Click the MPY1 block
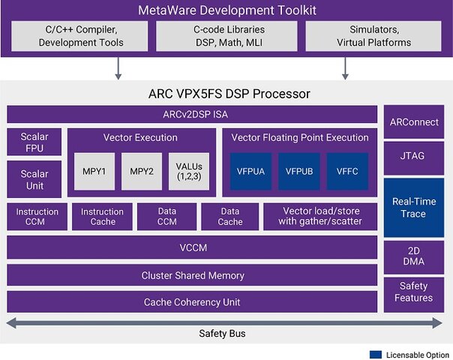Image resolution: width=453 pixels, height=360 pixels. point(94,172)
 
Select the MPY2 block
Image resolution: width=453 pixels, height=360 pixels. point(142,172)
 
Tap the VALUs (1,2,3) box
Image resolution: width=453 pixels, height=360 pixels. point(189,172)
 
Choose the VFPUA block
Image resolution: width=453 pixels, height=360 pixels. point(250,172)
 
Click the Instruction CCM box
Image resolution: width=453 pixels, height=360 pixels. point(37,217)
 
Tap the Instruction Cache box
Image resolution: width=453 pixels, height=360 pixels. point(103,217)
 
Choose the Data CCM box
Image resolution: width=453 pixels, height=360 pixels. point(166,217)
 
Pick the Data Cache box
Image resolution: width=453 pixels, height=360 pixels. point(229,217)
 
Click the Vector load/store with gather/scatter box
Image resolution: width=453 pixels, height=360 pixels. point(321,217)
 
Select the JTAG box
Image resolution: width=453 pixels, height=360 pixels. point(413,157)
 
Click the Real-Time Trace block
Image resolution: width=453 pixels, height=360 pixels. point(413,208)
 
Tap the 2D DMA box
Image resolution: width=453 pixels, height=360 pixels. point(413,256)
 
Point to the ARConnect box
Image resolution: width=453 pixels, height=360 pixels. point(413,121)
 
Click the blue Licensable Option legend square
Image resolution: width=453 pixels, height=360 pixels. point(375,353)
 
